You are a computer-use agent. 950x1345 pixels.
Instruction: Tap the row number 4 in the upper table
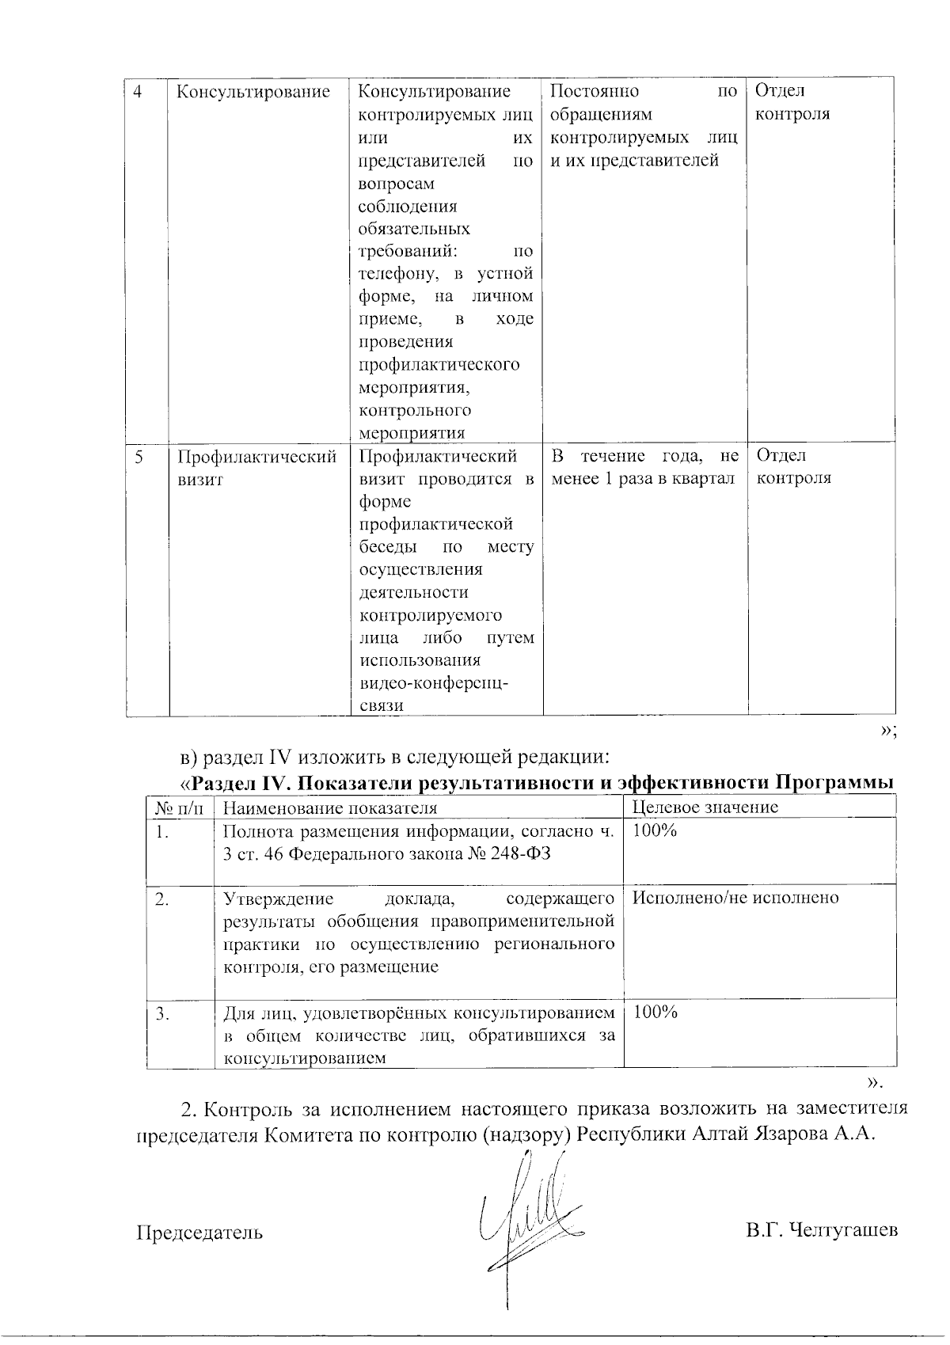pyautogui.click(x=139, y=92)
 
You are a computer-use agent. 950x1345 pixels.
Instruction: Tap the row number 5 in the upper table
pyautogui.click(x=139, y=457)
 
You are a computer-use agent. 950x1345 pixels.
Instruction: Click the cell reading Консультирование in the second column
pyautogui.click(x=253, y=92)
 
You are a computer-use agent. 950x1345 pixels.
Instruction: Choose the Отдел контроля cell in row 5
pyautogui.click(x=793, y=467)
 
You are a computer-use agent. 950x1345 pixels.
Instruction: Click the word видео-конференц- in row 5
pyautogui.click(x=434, y=683)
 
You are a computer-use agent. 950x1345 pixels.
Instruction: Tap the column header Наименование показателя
pyautogui.click(x=330, y=807)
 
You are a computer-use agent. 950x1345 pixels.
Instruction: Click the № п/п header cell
pyautogui.click(x=179, y=807)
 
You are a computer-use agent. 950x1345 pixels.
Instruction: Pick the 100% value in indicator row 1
pyautogui.click(x=655, y=830)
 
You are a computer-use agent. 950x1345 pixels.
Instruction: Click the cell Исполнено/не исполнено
pyautogui.click(x=735, y=898)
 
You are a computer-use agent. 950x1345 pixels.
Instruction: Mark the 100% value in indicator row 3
pyautogui.click(x=655, y=1013)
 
